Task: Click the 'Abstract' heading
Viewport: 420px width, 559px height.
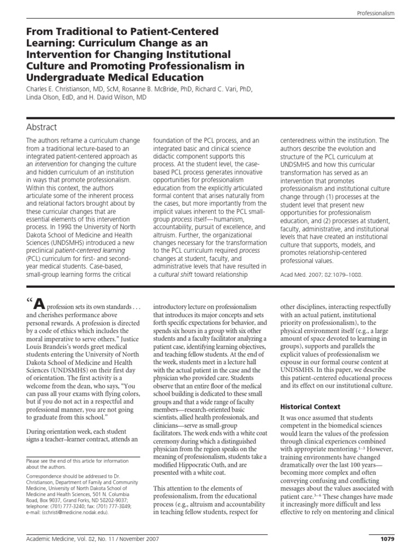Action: [x=41, y=127]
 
